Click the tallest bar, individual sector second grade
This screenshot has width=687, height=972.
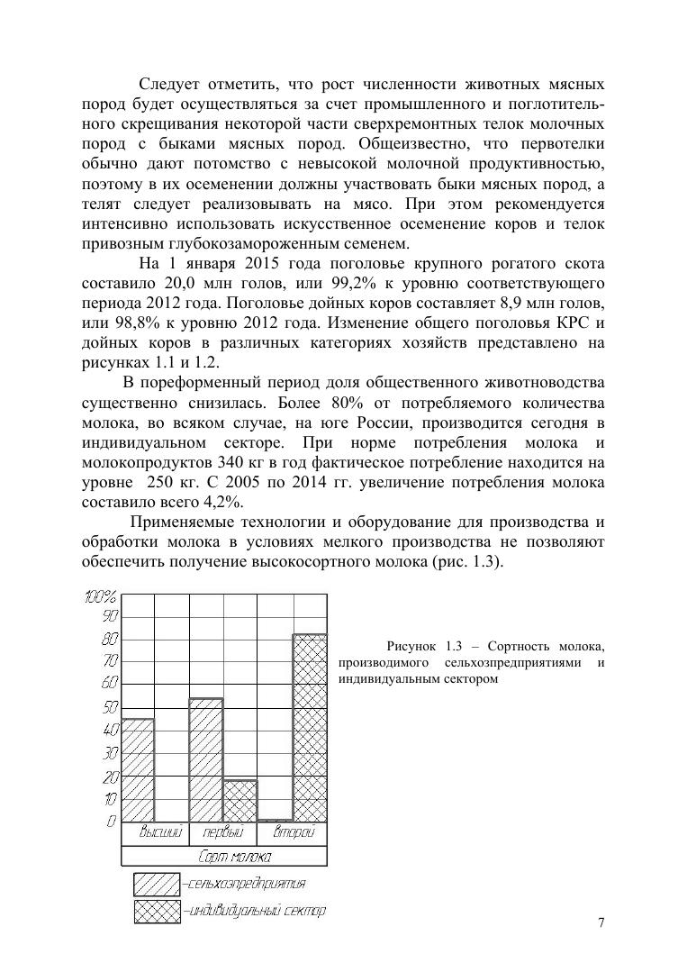(310, 727)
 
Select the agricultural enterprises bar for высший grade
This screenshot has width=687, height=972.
(138, 769)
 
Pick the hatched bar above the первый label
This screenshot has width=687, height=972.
(206, 759)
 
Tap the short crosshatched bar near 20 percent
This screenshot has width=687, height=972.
(240, 800)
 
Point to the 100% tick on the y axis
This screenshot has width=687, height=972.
(101, 597)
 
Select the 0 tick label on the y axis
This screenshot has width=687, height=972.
(112, 821)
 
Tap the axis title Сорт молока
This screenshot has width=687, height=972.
(223, 856)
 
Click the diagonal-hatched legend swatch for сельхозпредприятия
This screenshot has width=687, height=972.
(157, 884)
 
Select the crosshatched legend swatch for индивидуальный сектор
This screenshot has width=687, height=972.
(157, 911)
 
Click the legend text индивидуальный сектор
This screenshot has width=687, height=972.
(256, 911)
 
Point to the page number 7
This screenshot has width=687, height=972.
(601, 922)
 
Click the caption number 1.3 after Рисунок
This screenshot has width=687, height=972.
(448, 646)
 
